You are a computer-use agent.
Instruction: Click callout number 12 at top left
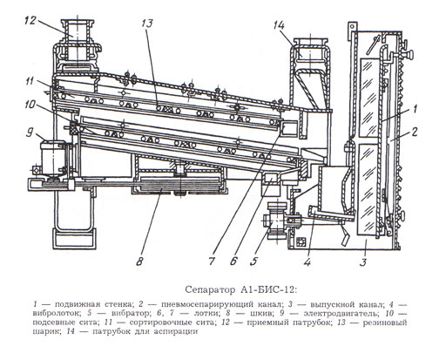click(30, 21)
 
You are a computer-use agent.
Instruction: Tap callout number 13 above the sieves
click(147, 24)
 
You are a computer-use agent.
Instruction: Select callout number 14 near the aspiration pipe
click(279, 25)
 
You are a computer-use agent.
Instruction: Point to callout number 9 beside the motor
click(30, 132)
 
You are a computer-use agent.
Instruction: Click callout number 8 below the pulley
click(139, 262)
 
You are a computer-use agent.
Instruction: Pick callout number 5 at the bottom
click(253, 261)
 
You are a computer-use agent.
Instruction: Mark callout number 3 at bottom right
click(363, 262)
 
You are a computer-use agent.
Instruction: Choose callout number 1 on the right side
click(415, 109)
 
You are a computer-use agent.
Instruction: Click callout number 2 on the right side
click(414, 132)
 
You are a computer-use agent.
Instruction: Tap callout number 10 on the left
click(30, 105)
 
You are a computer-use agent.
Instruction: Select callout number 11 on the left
click(30, 81)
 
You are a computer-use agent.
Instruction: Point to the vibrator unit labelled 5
click(276, 221)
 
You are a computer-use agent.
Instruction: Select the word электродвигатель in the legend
click(341, 314)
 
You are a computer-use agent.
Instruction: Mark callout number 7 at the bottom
click(212, 261)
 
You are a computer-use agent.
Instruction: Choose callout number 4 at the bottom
click(307, 262)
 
